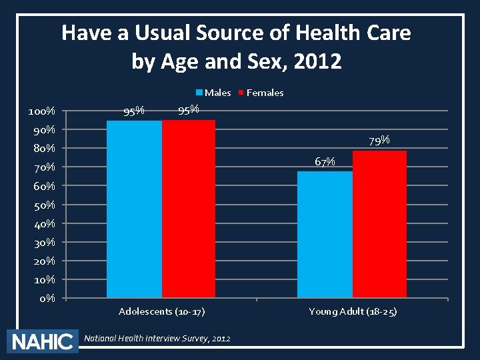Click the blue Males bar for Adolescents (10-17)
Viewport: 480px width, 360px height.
(x=134, y=209)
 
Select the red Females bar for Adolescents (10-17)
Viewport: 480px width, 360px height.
(x=189, y=209)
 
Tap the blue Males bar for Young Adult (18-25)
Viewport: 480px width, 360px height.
(x=325, y=234)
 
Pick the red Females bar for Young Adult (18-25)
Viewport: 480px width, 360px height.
(x=379, y=224)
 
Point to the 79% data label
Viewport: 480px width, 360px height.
(x=379, y=141)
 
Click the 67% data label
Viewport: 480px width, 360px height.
(x=325, y=161)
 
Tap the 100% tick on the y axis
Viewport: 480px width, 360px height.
(x=41, y=111)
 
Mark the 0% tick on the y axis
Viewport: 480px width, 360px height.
(x=47, y=298)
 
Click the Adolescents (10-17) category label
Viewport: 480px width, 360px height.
(x=161, y=311)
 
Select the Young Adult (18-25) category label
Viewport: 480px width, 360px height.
(x=353, y=311)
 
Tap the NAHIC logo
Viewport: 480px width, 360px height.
(x=42, y=341)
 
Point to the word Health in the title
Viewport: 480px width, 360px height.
(x=313, y=32)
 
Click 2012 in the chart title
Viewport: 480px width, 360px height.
(x=319, y=61)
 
